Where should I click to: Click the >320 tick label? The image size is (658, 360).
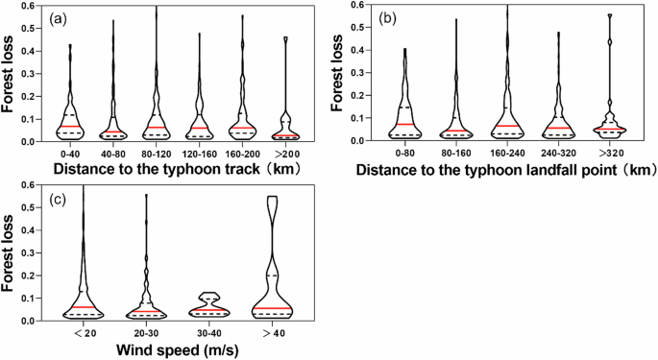click(613, 153)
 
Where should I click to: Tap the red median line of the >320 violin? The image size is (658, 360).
click(613, 129)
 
